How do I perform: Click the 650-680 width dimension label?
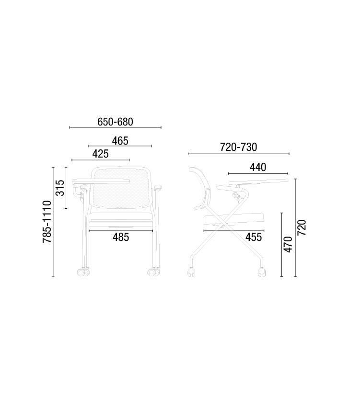115,122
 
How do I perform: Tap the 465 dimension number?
120,141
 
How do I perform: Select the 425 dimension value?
100,154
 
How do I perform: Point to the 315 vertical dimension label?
60,188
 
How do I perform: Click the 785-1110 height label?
47,222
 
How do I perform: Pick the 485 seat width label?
121,237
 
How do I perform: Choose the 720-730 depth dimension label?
238,147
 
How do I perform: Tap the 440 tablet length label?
258,167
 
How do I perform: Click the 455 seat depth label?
254,237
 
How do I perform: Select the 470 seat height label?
288,244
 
